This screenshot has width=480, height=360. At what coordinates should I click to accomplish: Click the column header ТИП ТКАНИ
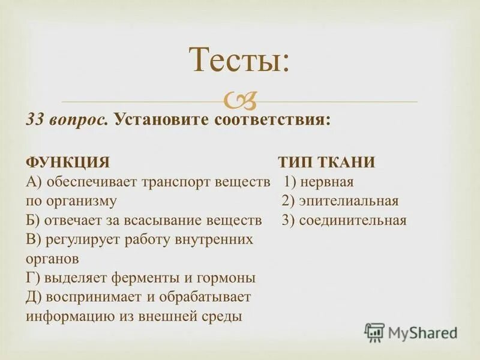[326, 163]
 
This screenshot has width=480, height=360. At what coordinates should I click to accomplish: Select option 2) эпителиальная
[340, 201]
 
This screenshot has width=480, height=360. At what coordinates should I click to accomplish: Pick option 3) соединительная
[344, 220]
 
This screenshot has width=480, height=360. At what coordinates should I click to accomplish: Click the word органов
[52, 259]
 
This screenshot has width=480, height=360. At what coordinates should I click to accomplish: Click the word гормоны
[226, 278]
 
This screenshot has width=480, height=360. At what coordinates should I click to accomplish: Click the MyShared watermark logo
[411, 331]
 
